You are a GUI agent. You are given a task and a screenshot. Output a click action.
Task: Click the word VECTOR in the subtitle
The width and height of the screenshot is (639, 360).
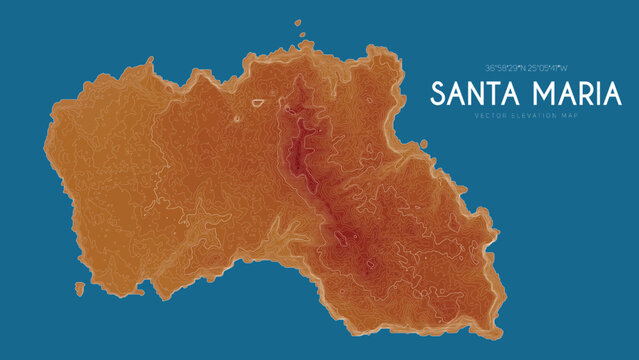pos(489,116)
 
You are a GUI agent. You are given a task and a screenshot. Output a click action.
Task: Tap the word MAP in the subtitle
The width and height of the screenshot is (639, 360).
pos(571,116)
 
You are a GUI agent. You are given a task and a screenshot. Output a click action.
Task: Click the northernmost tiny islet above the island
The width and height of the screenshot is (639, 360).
pos(296,24)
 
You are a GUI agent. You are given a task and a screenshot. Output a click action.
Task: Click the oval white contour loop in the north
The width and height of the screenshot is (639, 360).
pos(258,102)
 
